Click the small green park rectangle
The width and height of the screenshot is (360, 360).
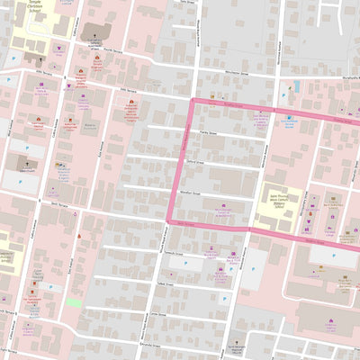[73, 302]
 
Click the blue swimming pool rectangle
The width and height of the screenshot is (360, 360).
[296, 87]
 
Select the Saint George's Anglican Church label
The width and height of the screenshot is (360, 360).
[235, 348]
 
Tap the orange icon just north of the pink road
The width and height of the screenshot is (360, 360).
[212, 94]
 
